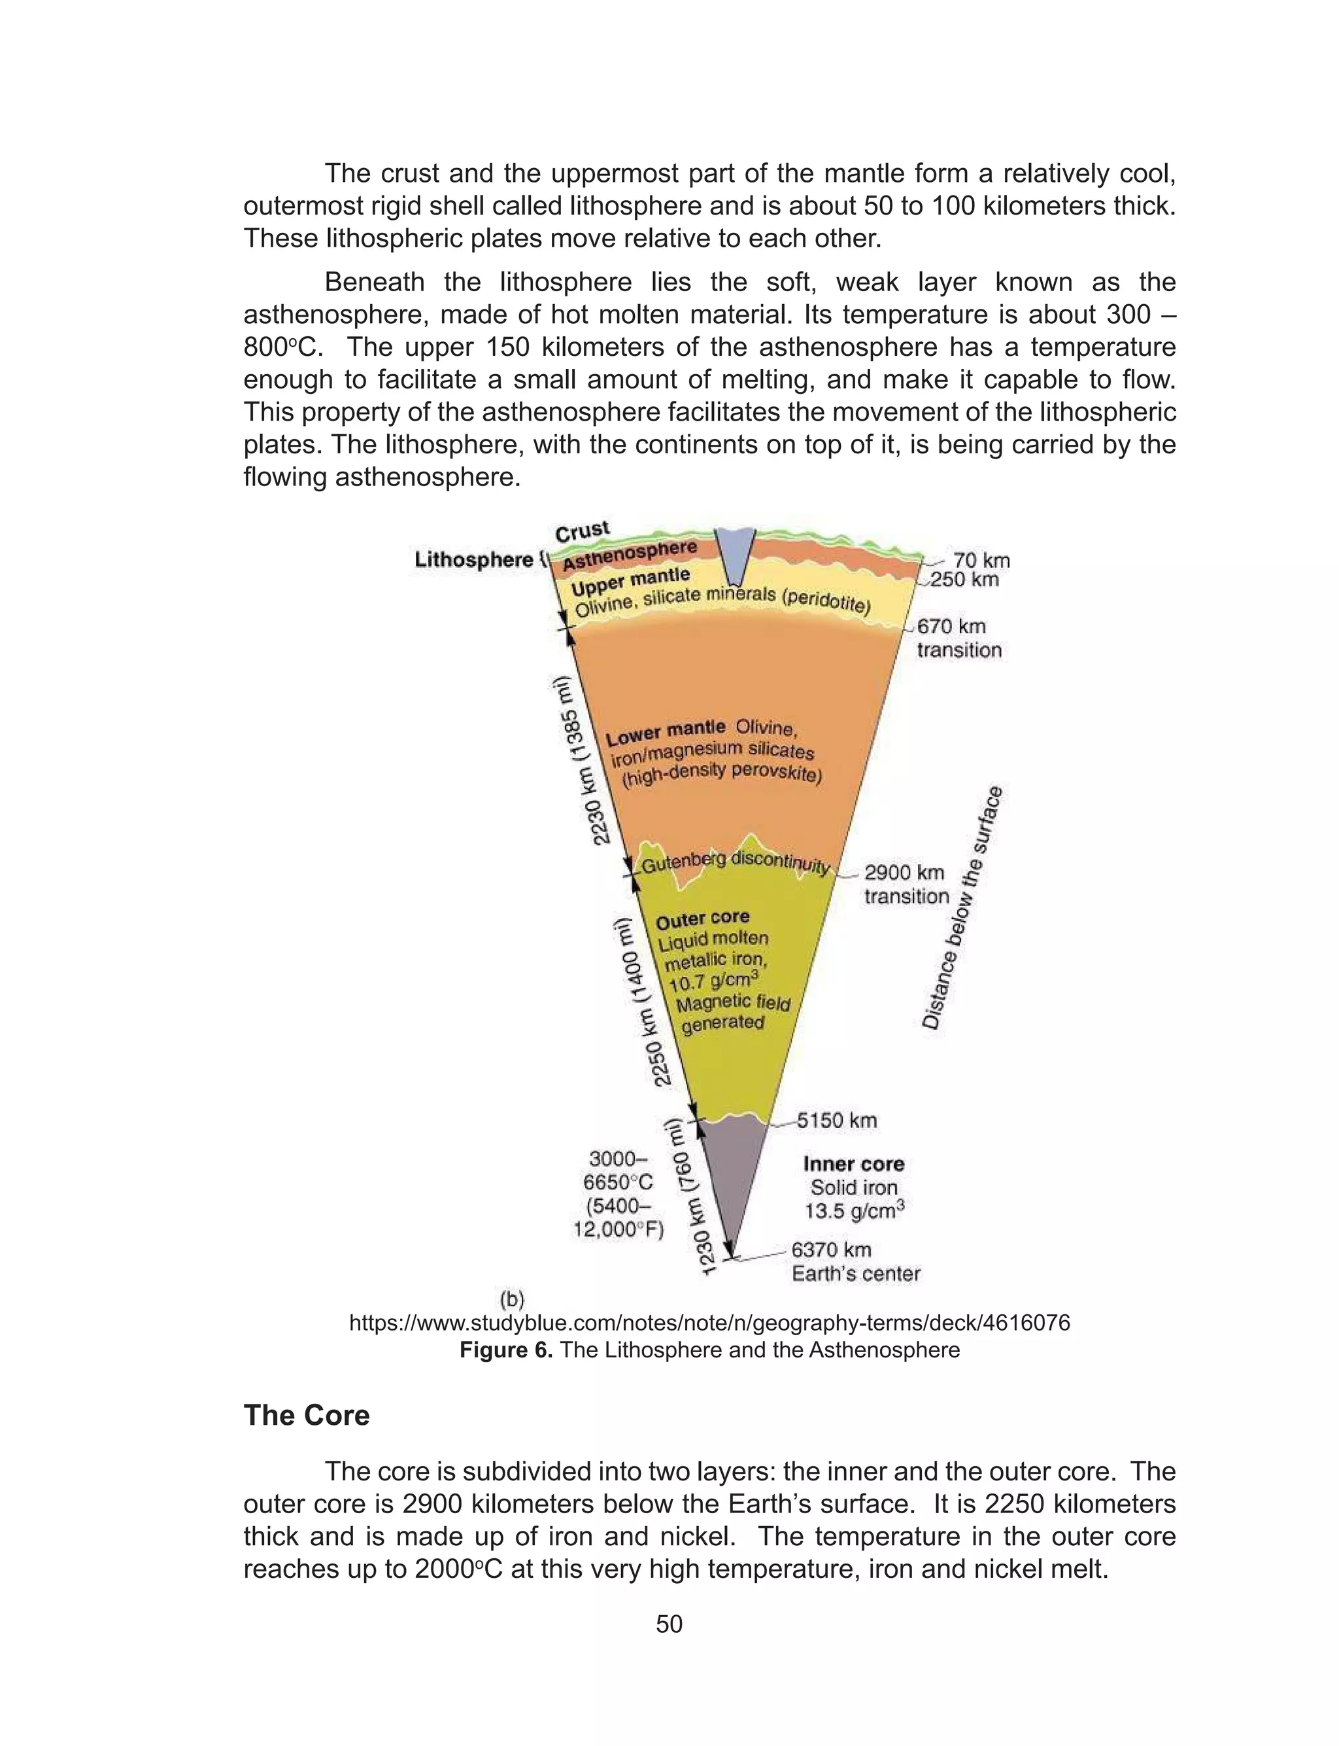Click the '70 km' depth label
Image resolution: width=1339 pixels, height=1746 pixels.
(981, 561)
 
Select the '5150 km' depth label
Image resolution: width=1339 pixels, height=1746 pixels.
(837, 1120)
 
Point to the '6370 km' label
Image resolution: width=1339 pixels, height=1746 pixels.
(830, 1250)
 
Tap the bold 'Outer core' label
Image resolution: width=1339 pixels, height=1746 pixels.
(702, 919)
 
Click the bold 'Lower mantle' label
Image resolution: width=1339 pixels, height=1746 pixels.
(666, 731)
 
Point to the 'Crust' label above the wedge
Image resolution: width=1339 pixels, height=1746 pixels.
(582, 532)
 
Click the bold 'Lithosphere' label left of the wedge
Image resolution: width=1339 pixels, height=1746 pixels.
(473, 560)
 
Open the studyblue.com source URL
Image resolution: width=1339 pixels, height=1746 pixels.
(709, 1323)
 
